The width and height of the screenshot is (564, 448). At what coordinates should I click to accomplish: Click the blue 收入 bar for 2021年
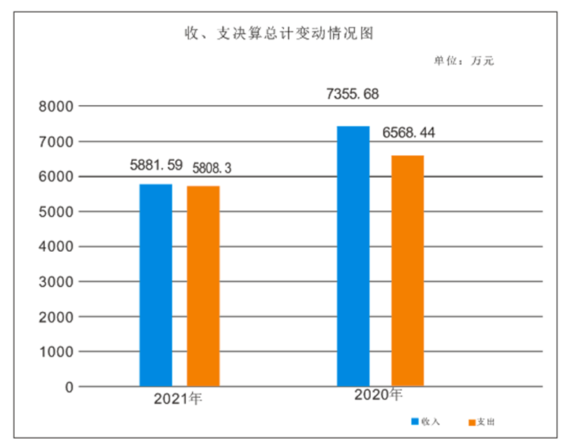(x=156, y=285)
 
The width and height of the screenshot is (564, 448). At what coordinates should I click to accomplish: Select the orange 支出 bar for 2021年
(x=203, y=286)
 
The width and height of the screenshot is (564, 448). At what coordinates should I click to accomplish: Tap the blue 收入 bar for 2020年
(x=353, y=256)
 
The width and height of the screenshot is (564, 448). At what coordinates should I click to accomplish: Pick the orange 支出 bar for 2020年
(x=407, y=270)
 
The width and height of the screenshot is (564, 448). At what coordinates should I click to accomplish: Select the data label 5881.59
(x=155, y=167)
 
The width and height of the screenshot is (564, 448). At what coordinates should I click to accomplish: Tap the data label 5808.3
(x=210, y=168)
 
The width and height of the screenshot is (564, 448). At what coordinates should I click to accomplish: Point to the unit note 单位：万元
(x=464, y=61)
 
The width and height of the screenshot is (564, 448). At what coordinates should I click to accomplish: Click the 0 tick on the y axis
(x=69, y=387)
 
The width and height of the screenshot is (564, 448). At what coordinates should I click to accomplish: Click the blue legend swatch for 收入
(x=415, y=422)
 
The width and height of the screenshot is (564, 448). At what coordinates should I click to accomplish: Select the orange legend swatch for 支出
(x=471, y=422)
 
